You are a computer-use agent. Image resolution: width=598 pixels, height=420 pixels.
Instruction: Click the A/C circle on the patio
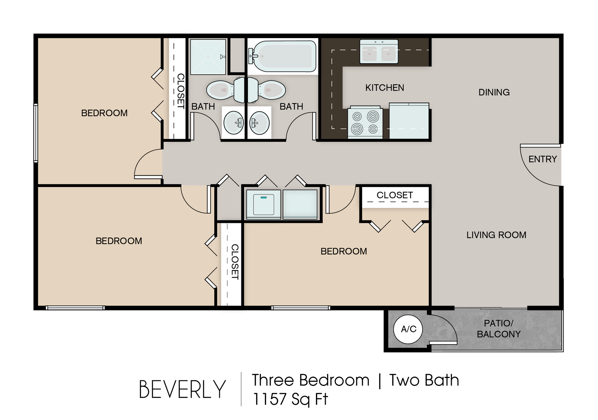408,329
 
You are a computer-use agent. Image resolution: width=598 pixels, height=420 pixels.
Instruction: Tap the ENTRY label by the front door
543,159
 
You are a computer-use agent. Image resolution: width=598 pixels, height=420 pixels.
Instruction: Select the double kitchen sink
379,52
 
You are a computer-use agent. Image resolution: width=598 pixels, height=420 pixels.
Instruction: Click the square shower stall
208,57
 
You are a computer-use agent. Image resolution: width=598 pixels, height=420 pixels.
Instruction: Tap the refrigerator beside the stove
409,121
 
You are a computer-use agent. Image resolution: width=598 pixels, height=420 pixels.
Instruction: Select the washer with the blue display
263,205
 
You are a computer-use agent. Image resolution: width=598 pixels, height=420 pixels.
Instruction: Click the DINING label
494,92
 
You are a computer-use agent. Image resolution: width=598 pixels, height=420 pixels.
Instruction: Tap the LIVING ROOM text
496,235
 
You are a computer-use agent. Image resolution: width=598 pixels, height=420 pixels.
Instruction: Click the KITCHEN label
385,88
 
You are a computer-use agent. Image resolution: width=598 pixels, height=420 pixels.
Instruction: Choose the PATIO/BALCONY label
498,329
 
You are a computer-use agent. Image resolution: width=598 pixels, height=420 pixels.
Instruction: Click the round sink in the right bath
259,123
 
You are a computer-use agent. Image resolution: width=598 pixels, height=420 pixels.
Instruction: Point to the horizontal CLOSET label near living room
394,195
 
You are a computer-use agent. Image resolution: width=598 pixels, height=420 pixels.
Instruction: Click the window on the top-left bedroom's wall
36,133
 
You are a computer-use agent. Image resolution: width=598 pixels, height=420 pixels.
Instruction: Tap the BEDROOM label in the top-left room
104,113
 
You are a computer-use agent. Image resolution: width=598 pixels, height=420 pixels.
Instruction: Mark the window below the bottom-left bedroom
75,307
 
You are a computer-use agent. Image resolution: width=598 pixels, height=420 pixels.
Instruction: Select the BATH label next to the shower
203,107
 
